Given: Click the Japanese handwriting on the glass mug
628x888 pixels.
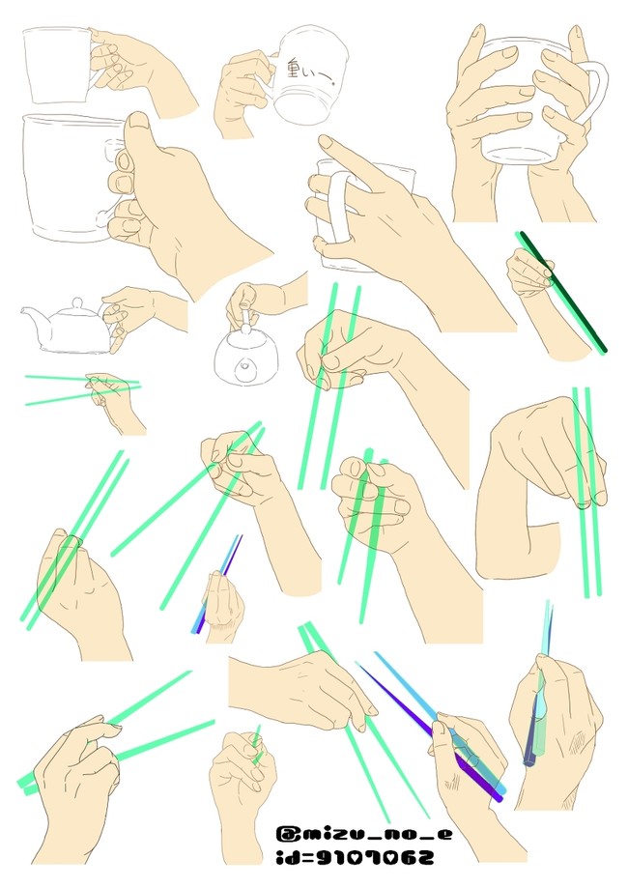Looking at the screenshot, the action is (x=310, y=73).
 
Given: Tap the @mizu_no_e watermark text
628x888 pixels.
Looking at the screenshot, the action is (x=364, y=834).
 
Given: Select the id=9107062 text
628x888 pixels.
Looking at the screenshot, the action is (x=355, y=856).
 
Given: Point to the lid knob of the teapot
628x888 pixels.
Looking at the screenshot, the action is (x=76, y=301).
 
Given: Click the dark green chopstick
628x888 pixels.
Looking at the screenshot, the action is (x=563, y=292).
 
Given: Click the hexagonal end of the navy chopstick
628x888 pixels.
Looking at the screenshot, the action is (x=529, y=761).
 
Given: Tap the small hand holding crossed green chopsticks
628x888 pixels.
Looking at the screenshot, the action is (x=113, y=399).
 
